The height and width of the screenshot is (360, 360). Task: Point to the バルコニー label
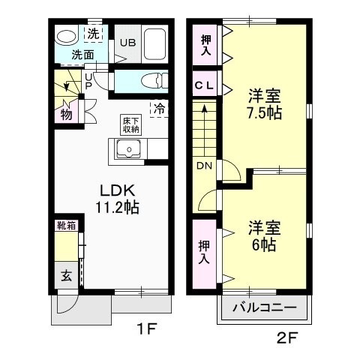coord(264,308)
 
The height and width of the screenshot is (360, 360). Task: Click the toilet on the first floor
coord(151,80)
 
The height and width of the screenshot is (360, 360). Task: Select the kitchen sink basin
coord(130,149)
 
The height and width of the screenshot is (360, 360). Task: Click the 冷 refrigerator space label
coord(158,108)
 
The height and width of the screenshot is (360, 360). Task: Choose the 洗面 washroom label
coord(82,55)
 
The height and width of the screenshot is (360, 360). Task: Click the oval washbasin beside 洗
coord(67,36)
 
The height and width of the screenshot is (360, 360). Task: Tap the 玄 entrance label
coord(65,276)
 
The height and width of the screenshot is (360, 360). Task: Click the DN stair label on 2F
coord(204,165)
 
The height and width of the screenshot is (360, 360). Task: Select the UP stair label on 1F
coord(88,81)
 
